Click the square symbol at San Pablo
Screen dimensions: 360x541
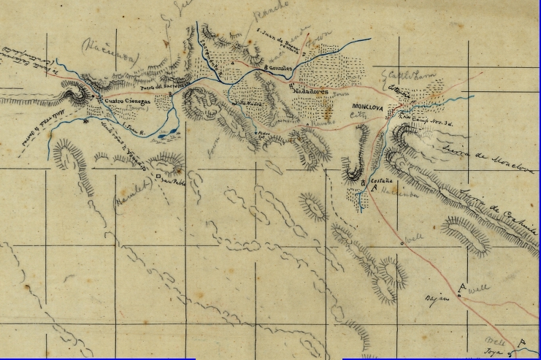(x=156, y=177)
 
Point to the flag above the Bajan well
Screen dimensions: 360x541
(x=460, y=288)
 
